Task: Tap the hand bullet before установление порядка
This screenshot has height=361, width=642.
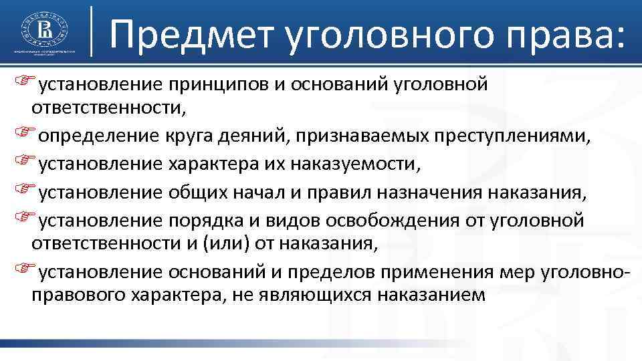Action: tap(25, 218)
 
